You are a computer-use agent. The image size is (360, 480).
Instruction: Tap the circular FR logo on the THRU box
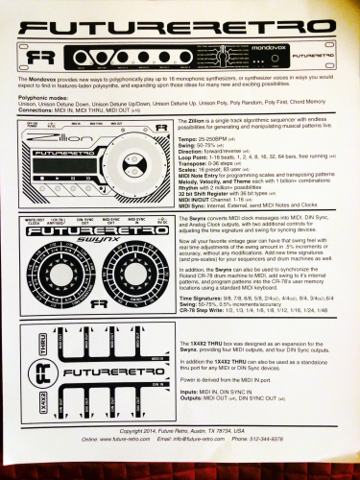[x=41, y=396]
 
